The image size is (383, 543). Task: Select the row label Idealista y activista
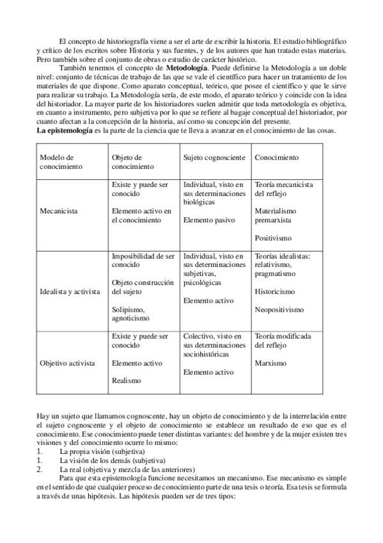coord(70,291)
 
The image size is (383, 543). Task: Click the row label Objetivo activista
coord(67,363)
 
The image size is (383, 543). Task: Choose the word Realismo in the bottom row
coord(126,380)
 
